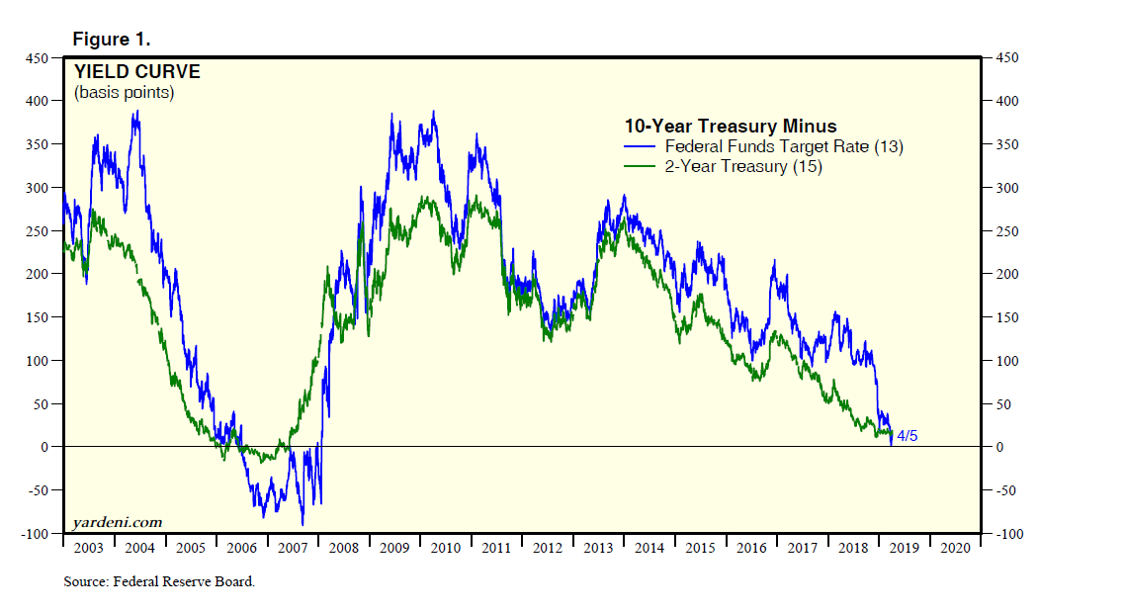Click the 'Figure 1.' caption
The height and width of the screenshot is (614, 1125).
tap(111, 40)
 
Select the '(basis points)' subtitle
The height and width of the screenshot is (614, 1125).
tap(124, 93)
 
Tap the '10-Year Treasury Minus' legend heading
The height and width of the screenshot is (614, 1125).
tap(731, 127)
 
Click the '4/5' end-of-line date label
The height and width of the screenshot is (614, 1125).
tap(907, 436)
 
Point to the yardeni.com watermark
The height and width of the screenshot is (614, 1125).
tap(117, 522)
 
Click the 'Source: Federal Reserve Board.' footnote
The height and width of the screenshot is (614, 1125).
tap(159, 582)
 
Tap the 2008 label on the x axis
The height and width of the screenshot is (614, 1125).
tap(344, 548)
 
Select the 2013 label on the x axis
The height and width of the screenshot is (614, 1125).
tap(599, 548)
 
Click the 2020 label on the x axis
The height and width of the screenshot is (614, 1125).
tap(955, 548)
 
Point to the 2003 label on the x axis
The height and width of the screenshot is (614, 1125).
tap(89, 548)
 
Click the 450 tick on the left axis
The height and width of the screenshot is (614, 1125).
tap(37, 58)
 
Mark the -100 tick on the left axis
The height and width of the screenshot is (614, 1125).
tap(35, 534)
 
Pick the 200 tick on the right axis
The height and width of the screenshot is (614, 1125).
tap(1005, 274)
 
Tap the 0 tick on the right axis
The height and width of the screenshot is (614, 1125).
tap(999, 447)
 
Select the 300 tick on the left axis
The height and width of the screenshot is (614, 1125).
tap(37, 188)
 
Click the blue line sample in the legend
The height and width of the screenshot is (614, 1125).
tap(641, 146)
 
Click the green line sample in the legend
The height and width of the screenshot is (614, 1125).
tap(641, 166)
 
